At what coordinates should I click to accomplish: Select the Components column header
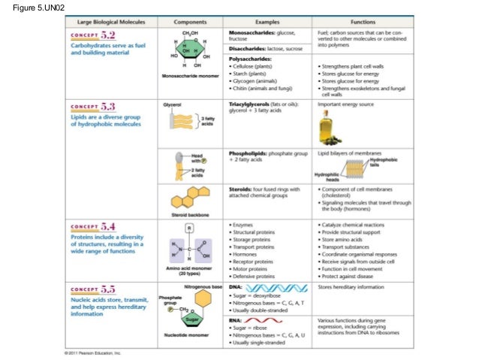[x=191, y=23]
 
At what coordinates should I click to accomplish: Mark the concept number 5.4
[x=108, y=225]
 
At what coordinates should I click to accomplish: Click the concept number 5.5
[x=108, y=289]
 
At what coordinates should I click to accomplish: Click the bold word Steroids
[x=242, y=189]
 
